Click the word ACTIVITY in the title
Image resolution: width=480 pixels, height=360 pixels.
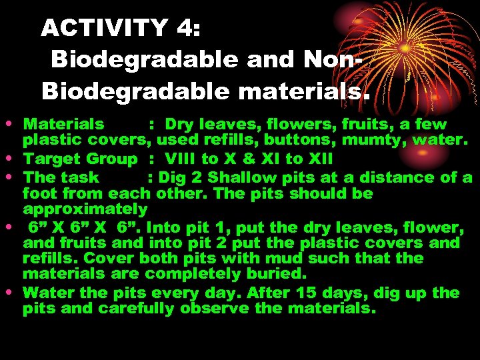[x=105, y=27]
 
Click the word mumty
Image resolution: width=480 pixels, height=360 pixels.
[x=370, y=141]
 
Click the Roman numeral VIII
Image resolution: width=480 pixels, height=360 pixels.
[x=180, y=159]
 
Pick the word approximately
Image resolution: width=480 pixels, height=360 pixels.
[x=85, y=209]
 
